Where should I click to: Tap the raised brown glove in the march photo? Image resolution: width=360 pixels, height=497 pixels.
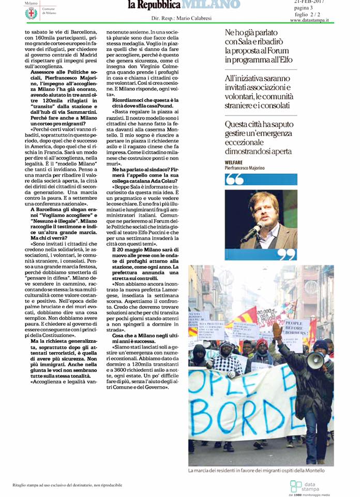point(278,329)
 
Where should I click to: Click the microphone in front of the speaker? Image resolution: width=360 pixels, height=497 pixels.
point(252,232)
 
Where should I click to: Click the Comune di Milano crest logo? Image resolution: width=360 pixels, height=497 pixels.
point(31,12)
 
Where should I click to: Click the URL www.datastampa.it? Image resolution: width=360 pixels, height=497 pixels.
point(318,20)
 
